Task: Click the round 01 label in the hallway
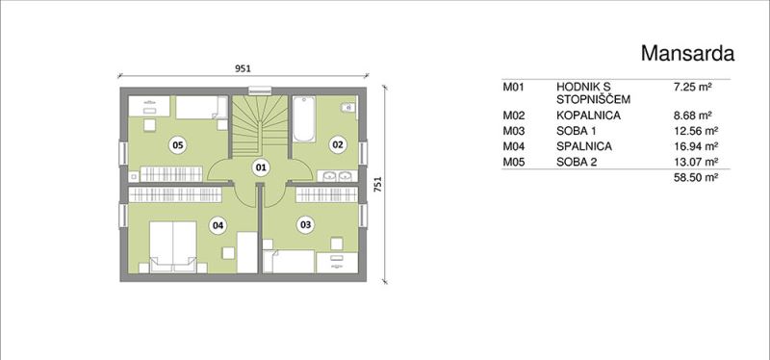tap(261, 167)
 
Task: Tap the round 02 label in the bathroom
tap(338, 145)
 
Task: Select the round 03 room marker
tap(305, 225)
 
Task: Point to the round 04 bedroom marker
tap(218, 225)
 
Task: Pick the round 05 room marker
tap(177, 145)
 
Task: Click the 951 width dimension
tap(243, 68)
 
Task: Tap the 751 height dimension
tap(377, 184)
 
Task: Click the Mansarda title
tap(687, 53)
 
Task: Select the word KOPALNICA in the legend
tap(588, 116)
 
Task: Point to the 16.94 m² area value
tap(697, 146)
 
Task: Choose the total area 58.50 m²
tap(697, 177)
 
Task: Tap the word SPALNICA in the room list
tap(584, 146)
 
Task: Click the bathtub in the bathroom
tap(303, 119)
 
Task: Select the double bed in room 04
tap(173, 246)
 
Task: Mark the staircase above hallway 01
tap(259, 126)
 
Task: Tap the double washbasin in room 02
tap(336, 176)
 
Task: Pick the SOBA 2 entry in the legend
tap(577, 162)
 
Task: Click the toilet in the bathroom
tap(349, 107)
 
